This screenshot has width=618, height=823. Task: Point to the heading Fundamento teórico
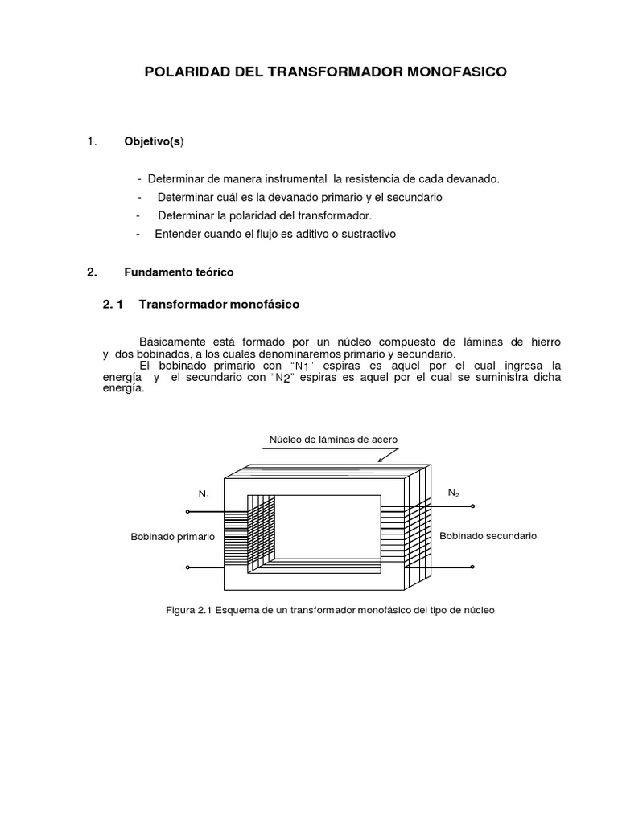[178, 272]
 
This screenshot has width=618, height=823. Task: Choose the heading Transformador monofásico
[219, 305]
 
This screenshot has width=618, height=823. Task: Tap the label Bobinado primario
[172, 537]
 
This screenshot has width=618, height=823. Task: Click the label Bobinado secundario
[487, 535]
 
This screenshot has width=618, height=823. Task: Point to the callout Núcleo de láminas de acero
[332, 440]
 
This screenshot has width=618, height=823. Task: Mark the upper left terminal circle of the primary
[187, 511]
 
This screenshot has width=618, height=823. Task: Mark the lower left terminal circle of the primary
[187, 567]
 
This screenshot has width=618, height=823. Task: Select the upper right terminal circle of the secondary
[473, 507]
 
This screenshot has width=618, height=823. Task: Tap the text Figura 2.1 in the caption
[190, 611]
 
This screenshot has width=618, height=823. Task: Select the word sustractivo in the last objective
[366, 234]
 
